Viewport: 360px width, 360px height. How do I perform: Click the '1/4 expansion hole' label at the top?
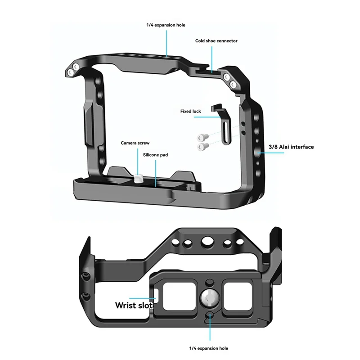pyautogui.click(x=165, y=26)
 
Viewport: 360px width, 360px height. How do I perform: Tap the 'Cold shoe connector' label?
pyautogui.click(x=216, y=41)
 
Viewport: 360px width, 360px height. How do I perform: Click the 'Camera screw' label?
pyautogui.click(x=135, y=143)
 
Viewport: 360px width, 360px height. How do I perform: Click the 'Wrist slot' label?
pyautogui.click(x=134, y=305)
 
